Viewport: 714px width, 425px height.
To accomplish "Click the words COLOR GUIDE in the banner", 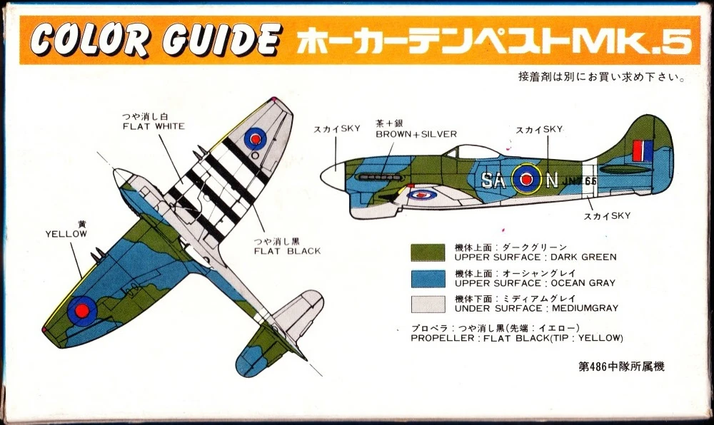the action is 156,41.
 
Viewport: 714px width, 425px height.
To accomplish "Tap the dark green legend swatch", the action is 428,252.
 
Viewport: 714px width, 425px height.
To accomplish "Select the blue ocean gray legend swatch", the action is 428,279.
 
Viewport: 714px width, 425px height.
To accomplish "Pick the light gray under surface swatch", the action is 428,304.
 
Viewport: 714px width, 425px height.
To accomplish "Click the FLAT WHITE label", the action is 154,126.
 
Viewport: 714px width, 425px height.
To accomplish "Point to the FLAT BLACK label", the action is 287,251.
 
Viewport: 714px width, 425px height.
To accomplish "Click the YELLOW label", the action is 66,234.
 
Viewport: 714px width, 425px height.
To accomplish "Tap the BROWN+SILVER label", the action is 416,134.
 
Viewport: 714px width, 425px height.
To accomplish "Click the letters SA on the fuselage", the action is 493,180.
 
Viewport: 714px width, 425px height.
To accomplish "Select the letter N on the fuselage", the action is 551,180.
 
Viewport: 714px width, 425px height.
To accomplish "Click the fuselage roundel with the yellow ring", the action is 526,180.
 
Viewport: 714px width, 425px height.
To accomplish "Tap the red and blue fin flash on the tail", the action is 642,151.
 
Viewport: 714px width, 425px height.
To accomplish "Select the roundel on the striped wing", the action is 256,138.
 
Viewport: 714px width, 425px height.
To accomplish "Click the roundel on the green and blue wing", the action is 82,311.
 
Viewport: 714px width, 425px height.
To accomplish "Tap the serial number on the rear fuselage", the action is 579,180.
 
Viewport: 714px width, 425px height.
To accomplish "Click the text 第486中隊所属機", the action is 622,367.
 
